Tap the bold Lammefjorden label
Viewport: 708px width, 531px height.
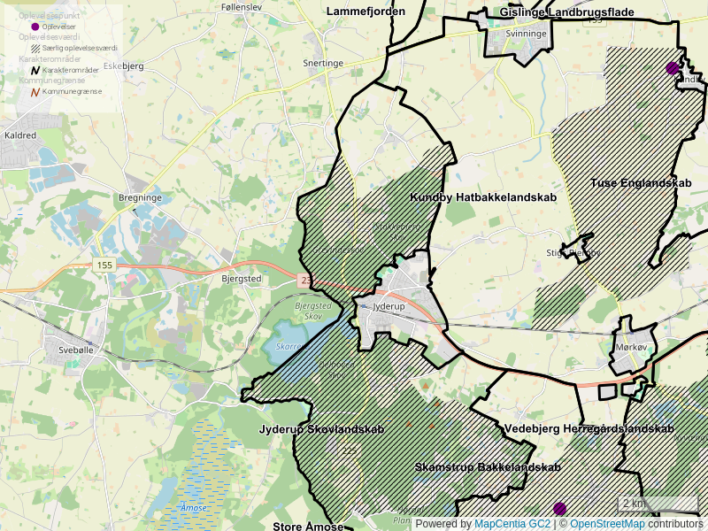(x=366, y=12)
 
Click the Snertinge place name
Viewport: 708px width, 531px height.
(x=322, y=64)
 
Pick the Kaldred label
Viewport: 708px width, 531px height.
(x=20, y=135)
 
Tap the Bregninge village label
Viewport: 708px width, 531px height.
(x=140, y=198)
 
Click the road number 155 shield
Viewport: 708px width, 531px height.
(x=105, y=265)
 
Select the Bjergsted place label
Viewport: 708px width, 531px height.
(x=240, y=278)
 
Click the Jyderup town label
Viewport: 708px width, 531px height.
(x=389, y=307)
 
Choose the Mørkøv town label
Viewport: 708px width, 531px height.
(x=632, y=348)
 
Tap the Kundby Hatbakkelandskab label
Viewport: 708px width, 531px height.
(x=483, y=197)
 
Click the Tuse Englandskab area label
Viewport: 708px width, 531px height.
(x=640, y=183)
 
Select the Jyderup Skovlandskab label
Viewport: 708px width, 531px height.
(x=321, y=430)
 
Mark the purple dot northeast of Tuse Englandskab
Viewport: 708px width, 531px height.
(x=673, y=67)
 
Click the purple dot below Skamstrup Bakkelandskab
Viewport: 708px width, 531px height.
(x=559, y=508)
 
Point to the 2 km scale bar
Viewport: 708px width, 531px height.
(x=657, y=504)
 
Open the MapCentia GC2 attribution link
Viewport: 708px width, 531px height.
(x=512, y=524)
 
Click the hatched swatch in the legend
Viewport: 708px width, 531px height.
(x=35, y=48)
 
